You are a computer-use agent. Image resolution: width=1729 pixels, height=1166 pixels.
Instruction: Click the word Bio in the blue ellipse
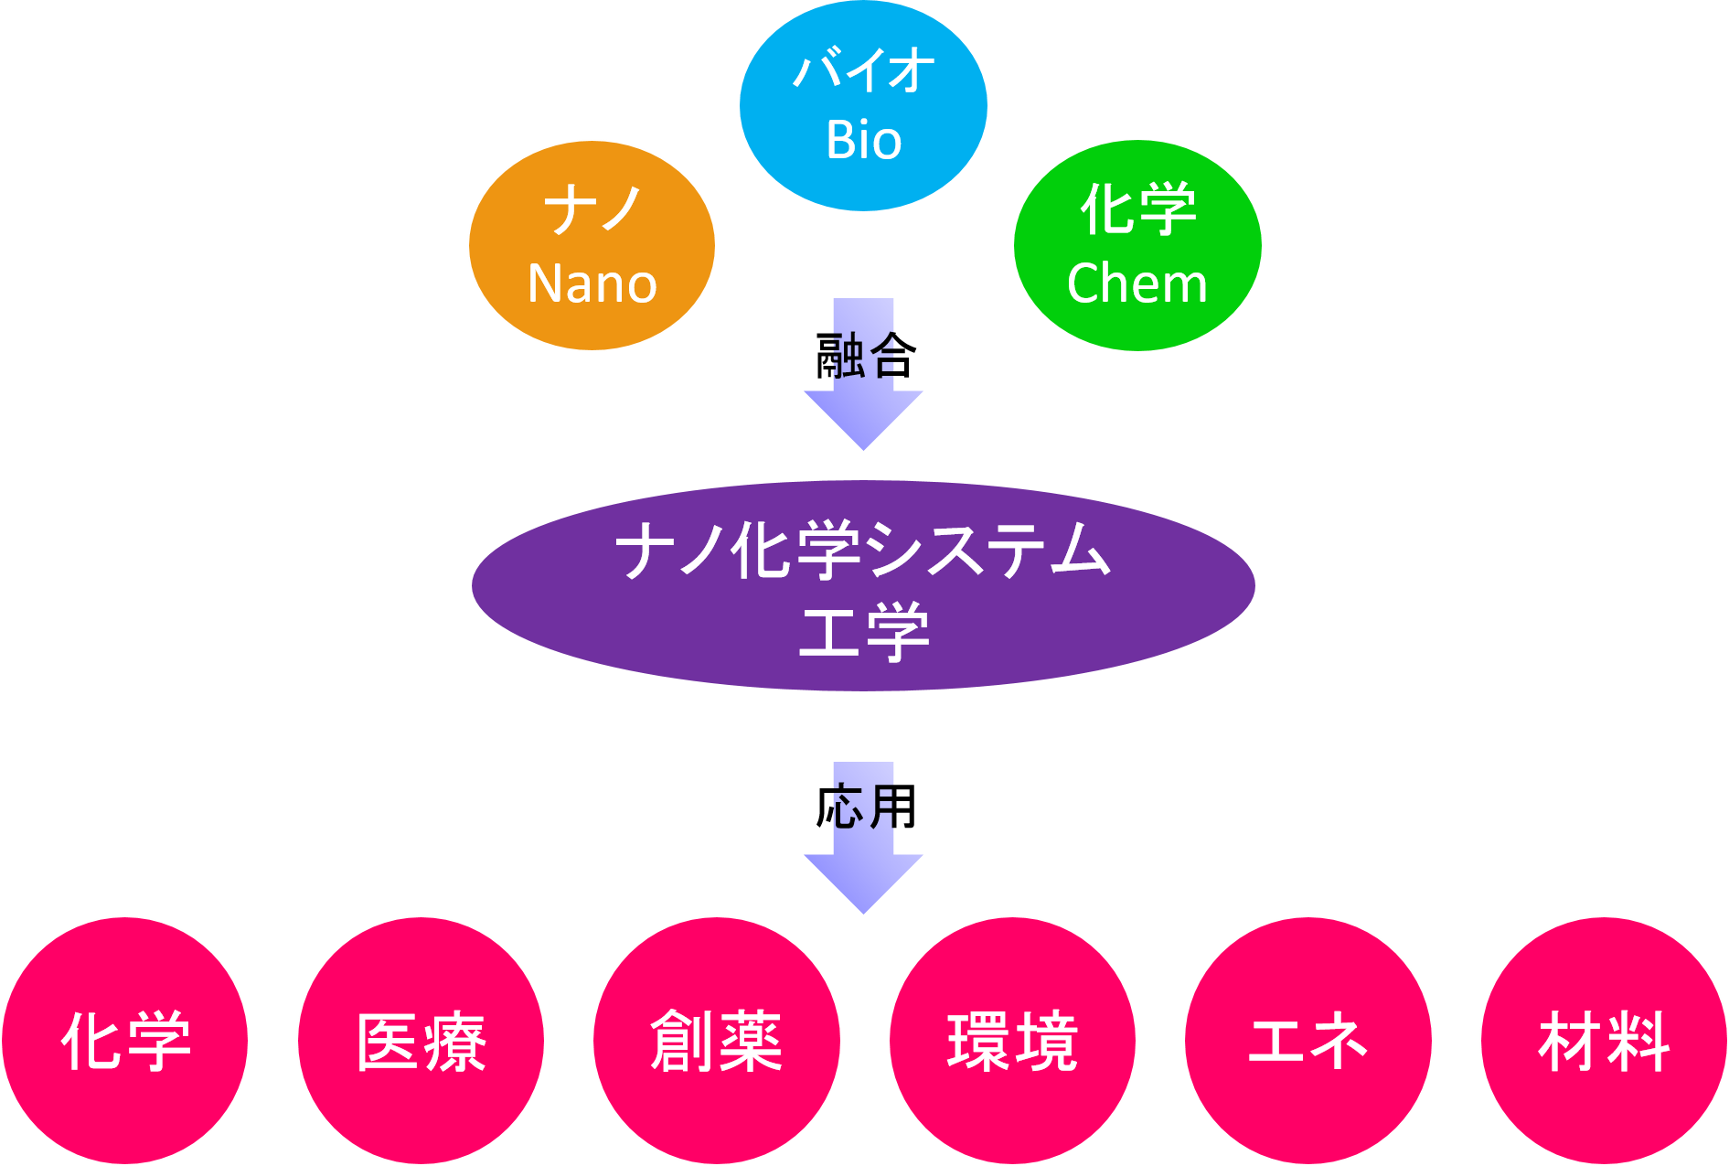click(863, 141)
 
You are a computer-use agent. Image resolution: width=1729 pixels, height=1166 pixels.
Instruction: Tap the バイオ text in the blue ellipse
click(863, 70)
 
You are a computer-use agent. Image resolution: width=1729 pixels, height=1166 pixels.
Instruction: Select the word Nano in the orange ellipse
click(592, 283)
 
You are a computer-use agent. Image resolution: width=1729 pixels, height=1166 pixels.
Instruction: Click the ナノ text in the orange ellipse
click(592, 210)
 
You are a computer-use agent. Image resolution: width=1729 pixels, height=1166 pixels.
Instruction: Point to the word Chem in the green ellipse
click(1137, 283)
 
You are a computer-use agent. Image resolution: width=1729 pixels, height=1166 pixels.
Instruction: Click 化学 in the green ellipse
click(1137, 210)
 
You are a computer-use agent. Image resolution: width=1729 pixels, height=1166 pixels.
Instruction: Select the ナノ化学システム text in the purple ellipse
click(863, 551)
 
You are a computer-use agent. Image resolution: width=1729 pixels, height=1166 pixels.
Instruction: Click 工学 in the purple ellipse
click(863, 631)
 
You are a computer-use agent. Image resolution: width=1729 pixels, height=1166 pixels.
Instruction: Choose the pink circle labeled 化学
click(125, 1041)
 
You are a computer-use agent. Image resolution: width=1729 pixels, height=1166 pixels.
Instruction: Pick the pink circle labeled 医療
click(421, 1041)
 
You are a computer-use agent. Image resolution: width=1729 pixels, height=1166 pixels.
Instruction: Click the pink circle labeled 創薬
click(716, 1041)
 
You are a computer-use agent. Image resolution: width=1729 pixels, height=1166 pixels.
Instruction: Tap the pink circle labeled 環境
click(1012, 1041)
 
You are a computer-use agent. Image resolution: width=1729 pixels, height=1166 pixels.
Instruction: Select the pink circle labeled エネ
click(1307, 1041)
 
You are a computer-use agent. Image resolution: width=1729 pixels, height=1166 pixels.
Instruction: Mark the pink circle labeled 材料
click(1604, 1041)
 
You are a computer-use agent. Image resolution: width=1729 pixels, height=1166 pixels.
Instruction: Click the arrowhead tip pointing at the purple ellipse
click(863, 446)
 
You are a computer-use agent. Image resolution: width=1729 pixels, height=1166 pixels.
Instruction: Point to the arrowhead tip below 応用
click(863, 910)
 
